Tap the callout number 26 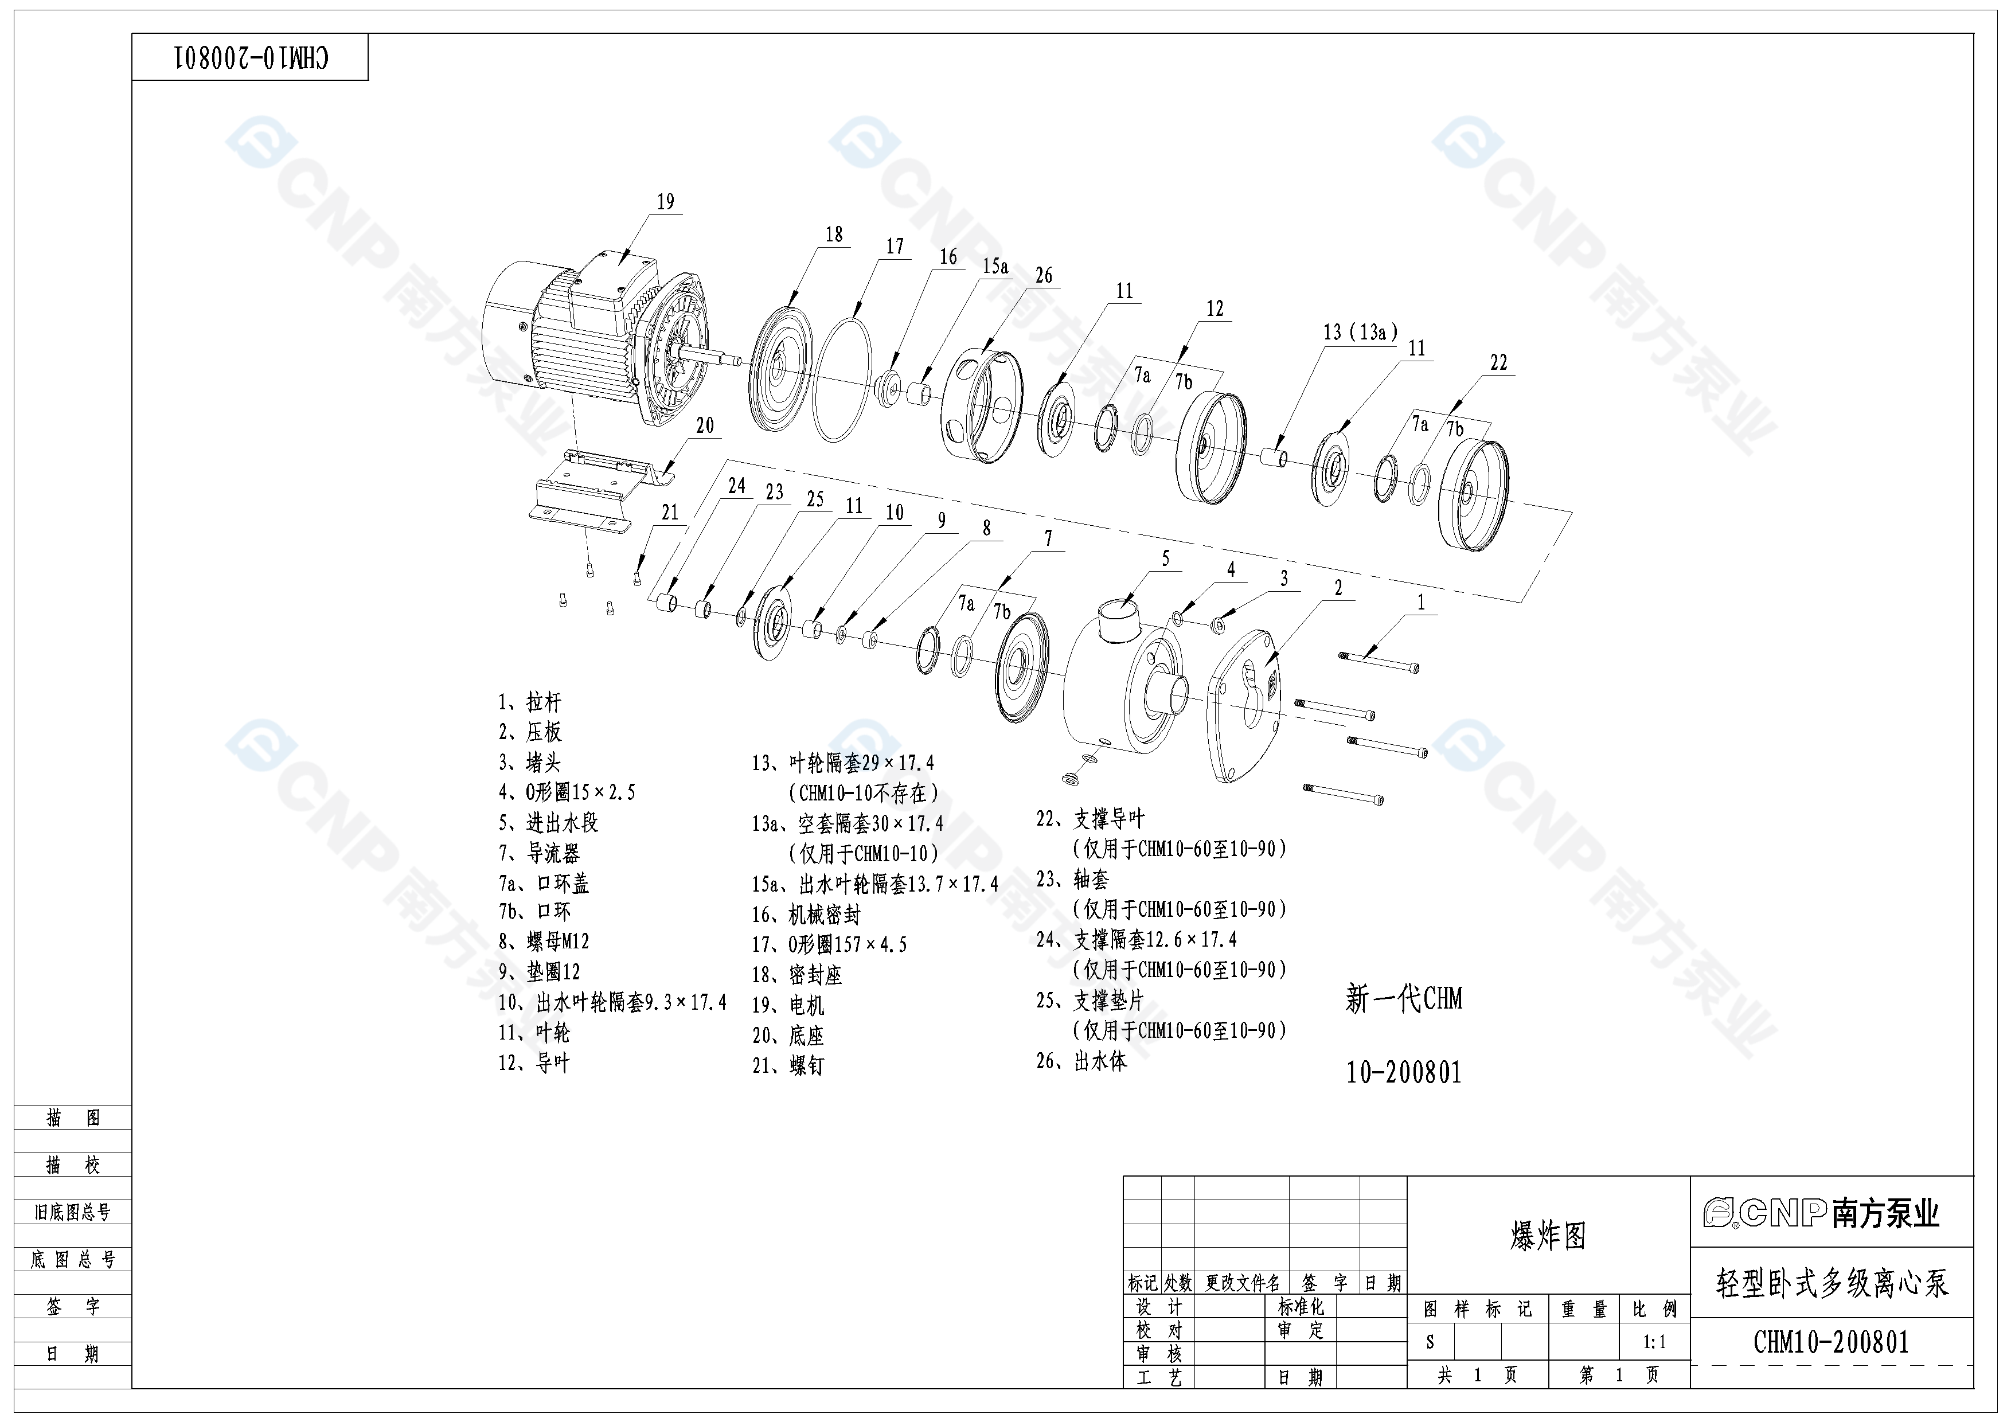point(1043,276)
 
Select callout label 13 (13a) point(1360,333)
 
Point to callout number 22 point(1498,362)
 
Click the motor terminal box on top point(613,289)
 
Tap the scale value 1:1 point(1654,1342)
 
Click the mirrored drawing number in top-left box point(251,58)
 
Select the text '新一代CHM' point(1403,998)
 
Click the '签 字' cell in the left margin point(73,1306)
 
